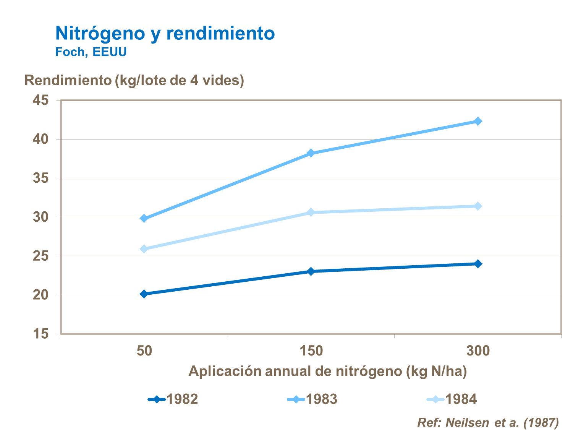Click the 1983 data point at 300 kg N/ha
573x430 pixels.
477,121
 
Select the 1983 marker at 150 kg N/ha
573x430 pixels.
311,153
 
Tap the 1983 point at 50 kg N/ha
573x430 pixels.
144,218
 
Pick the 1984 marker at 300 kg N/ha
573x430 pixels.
477,206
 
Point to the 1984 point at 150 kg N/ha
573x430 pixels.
311,212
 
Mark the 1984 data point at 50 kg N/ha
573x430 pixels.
144,249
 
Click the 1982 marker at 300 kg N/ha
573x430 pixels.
477,264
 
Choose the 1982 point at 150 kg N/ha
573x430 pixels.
311,271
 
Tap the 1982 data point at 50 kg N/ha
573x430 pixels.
144,294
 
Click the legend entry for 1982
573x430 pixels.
173,399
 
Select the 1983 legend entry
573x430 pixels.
312,399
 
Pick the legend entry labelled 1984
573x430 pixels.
452,399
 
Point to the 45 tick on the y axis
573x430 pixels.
41,100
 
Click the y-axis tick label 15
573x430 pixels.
41,334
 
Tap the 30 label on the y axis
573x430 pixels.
41,217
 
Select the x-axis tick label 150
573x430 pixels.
311,350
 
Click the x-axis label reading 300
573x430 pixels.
477,350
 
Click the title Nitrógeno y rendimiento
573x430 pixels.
165,33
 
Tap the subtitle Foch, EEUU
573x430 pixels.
91,52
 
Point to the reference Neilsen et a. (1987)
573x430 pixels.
488,422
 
